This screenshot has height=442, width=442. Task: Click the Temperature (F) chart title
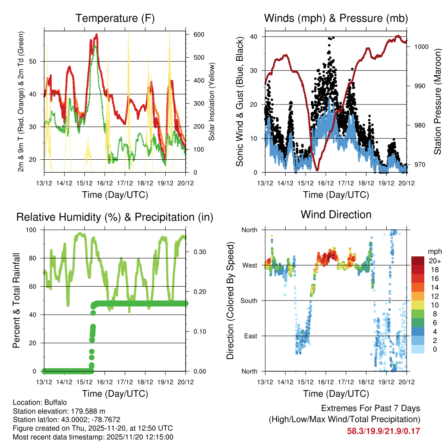coord(115,18)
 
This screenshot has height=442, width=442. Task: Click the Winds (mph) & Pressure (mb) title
coord(336,18)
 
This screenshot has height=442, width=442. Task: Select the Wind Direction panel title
coord(336,215)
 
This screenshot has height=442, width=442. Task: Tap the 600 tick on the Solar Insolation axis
coord(199,35)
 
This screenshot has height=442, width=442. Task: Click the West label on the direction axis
coord(249,265)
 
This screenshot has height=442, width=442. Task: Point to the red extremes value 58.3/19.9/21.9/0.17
coord(383,431)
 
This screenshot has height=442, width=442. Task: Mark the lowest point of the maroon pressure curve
coord(317,170)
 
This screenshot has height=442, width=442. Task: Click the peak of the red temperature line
coord(97,34)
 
